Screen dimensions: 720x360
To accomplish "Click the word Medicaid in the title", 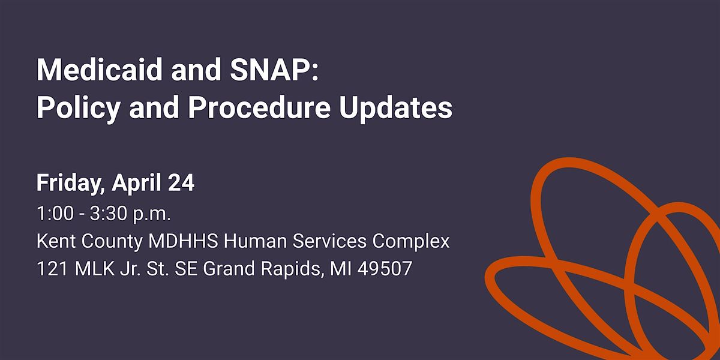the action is (100, 70).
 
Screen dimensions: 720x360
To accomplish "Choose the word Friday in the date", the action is (71, 183).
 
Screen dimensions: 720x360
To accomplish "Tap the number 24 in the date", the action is (181, 183).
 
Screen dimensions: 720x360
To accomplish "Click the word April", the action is (137, 183).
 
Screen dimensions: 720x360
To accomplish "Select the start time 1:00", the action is (55, 214).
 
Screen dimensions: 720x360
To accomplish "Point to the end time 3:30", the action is (109, 214).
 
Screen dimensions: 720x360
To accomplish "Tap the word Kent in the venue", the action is (56, 241).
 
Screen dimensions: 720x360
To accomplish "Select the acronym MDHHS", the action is (183, 241).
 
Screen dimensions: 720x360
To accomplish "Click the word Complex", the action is (411, 242).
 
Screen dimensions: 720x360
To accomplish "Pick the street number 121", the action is (52, 268).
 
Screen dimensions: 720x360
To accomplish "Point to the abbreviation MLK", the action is (95, 268).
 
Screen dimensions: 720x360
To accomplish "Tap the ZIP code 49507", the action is (385, 268).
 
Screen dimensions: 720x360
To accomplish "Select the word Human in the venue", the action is (255, 241).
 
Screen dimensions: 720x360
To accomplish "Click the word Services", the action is (329, 241).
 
